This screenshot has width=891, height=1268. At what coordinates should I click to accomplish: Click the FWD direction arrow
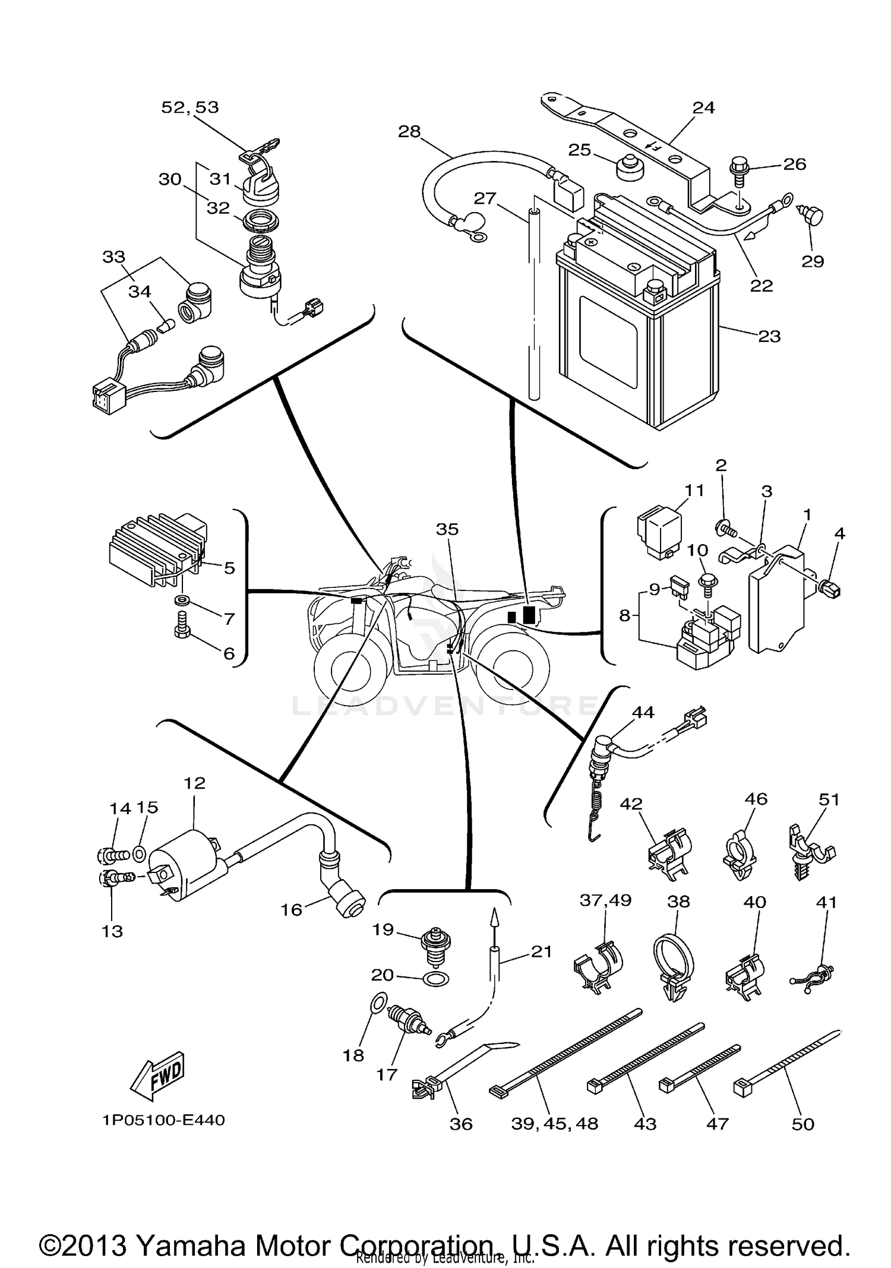click(158, 1076)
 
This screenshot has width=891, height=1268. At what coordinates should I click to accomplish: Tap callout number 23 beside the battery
click(769, 336)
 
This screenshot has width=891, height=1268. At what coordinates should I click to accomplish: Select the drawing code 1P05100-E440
click(163, 1120)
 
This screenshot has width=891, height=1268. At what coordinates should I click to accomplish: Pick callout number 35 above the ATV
click(447, 529)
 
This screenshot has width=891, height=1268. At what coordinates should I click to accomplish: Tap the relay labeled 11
click(659, 532)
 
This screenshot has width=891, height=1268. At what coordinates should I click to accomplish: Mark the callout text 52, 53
click(190, 107)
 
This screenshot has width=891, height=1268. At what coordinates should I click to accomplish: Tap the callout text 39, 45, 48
click(554, 1124)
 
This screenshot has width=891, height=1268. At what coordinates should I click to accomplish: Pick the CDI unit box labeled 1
click(775, 600)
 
